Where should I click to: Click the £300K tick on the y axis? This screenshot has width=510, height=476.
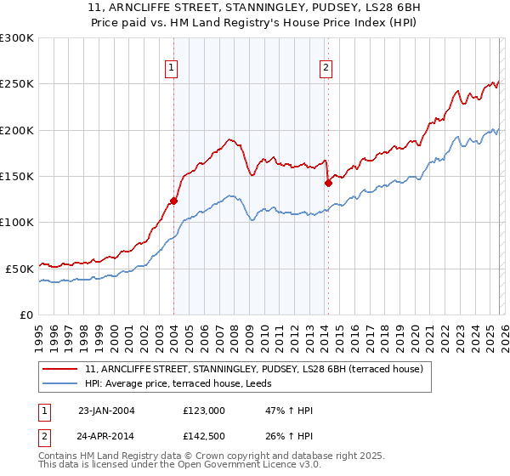click(17, 38)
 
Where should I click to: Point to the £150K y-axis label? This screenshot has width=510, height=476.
click(17, 177)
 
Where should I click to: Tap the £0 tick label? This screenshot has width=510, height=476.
click(26, 314)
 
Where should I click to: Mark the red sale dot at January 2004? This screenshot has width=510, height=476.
click(173, 201)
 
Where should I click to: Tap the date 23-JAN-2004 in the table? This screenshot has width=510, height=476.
click(106, 411)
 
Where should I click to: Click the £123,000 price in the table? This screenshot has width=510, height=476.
click(204, 411)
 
